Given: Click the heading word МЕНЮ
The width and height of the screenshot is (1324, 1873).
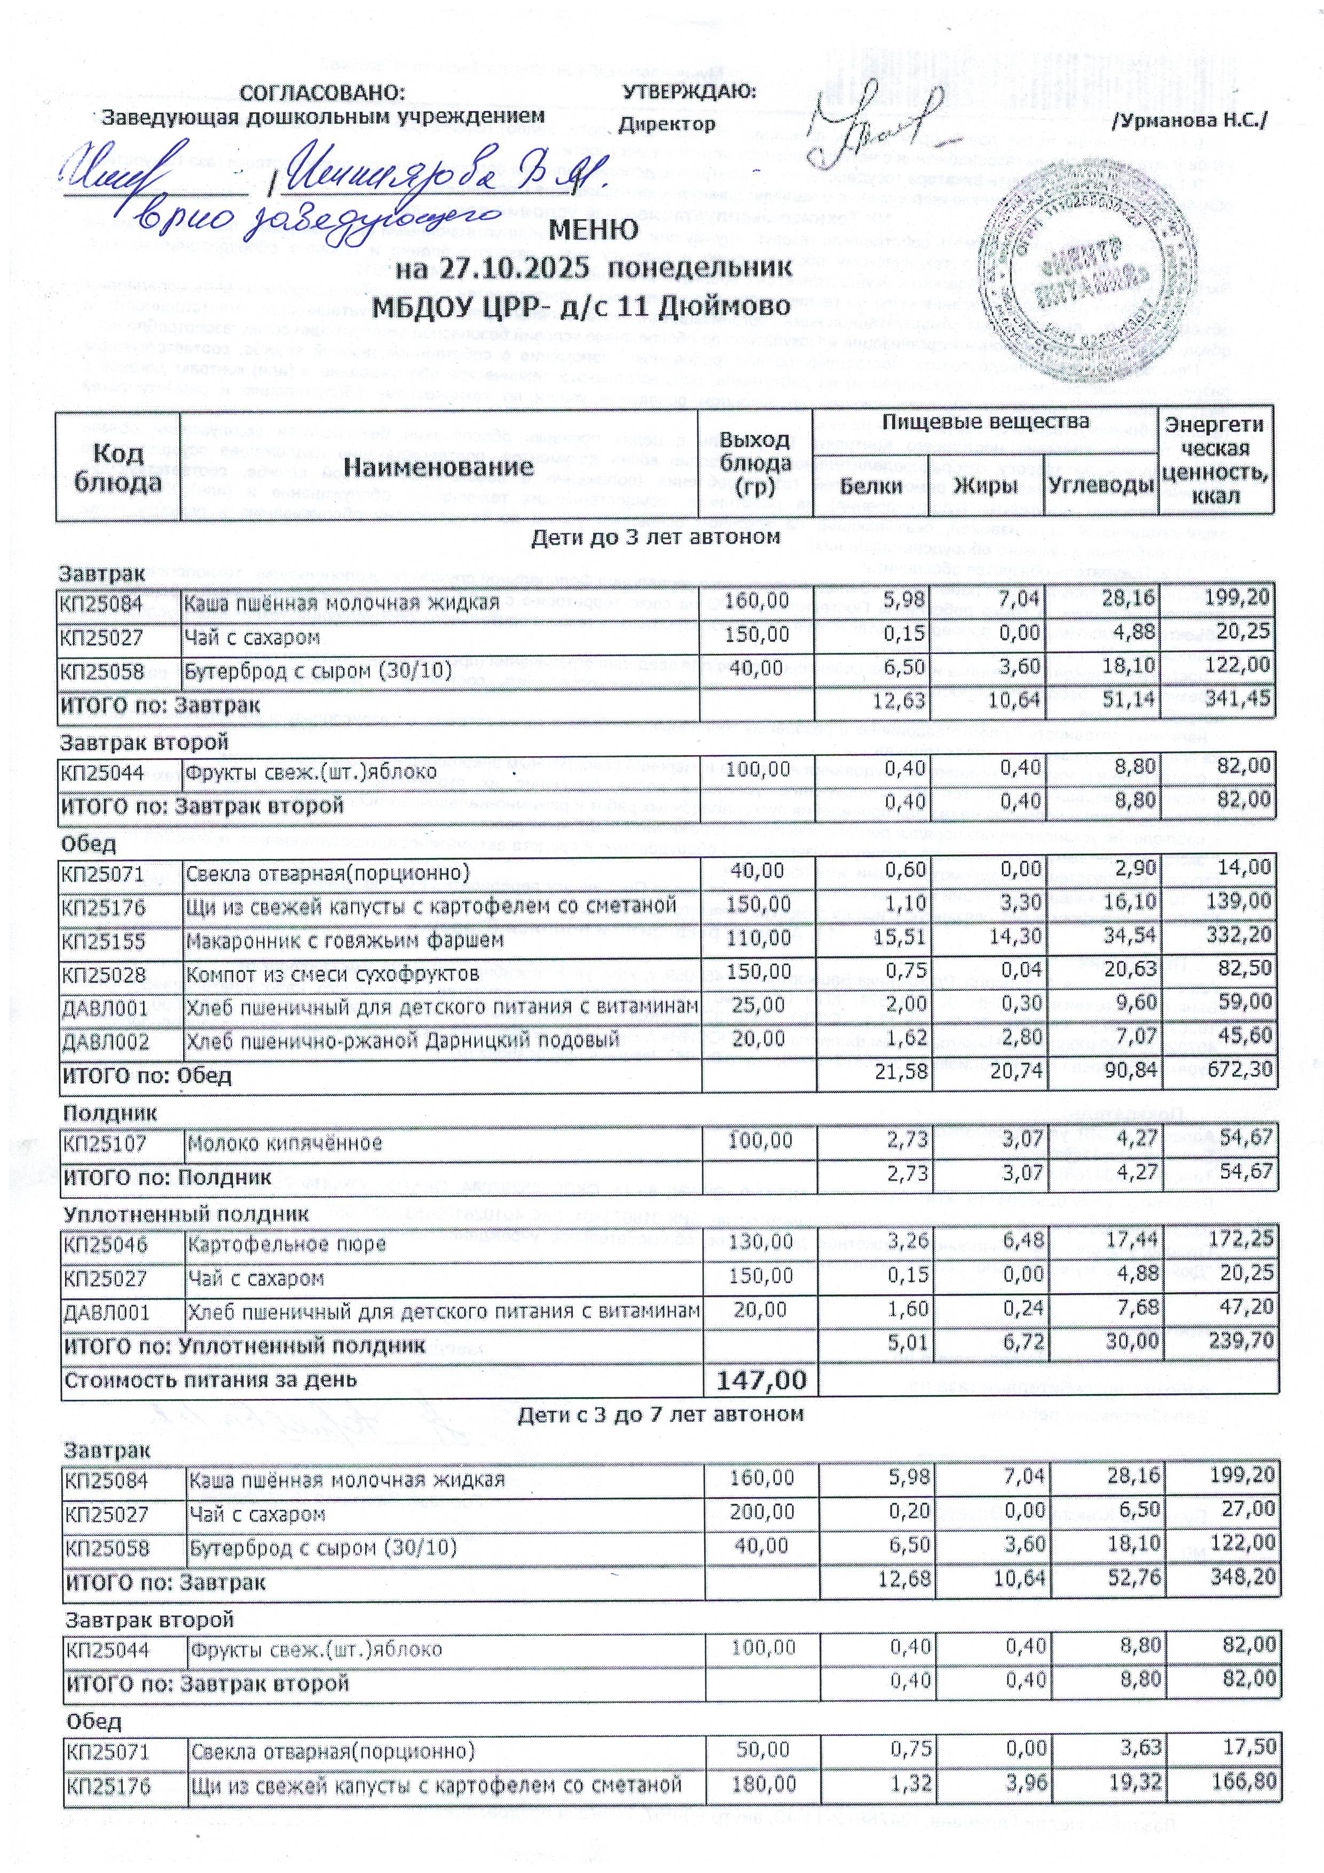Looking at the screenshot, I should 593,229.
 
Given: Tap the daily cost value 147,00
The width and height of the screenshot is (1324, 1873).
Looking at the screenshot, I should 760,1380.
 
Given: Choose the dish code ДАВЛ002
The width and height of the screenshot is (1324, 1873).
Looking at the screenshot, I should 105,1042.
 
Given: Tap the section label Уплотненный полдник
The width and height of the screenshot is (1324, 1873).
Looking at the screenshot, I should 186,1213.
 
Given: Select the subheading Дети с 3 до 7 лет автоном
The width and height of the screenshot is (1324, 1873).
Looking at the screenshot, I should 661,1414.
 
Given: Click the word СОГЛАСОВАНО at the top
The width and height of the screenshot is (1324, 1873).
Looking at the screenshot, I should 322,92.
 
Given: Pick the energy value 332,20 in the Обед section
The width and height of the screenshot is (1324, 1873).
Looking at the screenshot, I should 1239,935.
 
